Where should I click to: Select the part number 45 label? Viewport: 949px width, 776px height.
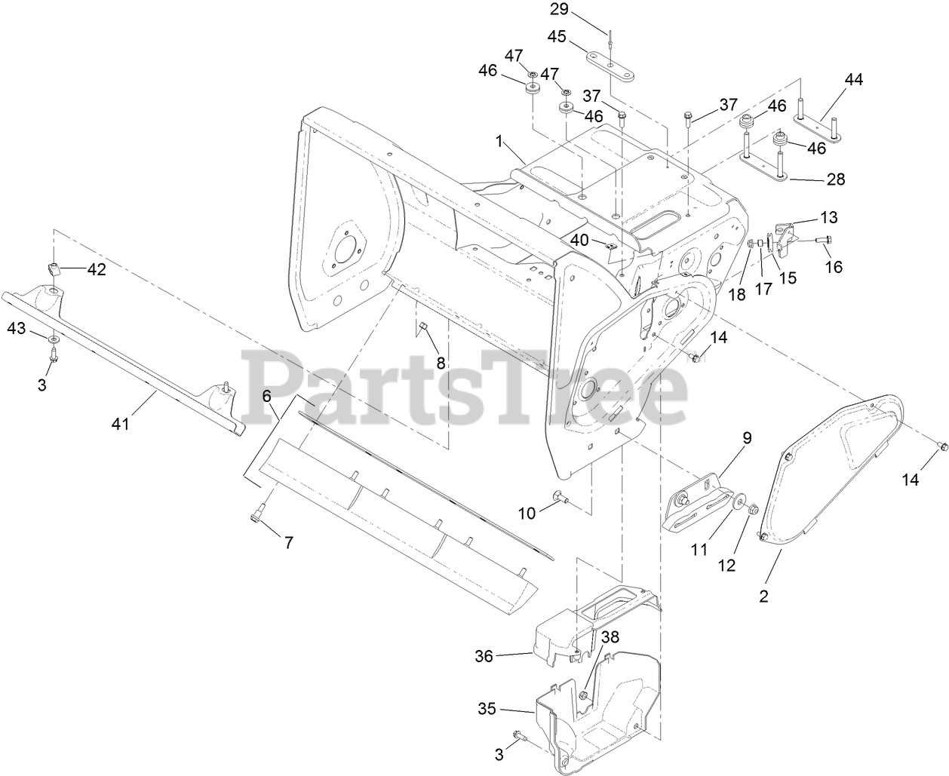tap(577, 36)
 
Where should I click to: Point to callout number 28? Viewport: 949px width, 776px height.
tap(835, 179)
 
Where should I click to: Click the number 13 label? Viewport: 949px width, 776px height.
tap(828, 218)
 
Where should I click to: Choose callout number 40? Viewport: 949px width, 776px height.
tap(579, 240)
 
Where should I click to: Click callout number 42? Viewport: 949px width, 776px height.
tap(97, 269)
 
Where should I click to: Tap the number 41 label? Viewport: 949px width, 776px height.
tap(121, 424)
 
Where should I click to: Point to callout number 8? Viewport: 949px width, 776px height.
tap(441, 362)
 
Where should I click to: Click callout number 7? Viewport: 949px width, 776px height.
tap(287, 541)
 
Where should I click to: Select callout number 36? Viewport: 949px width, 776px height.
tap(484, 656)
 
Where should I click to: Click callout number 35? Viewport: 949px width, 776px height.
tap(488, 709)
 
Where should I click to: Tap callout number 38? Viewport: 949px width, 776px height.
tap(610, 636)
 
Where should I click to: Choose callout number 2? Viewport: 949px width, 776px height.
tap(763, 596)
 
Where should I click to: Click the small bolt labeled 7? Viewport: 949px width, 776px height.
tap(255, 516)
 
